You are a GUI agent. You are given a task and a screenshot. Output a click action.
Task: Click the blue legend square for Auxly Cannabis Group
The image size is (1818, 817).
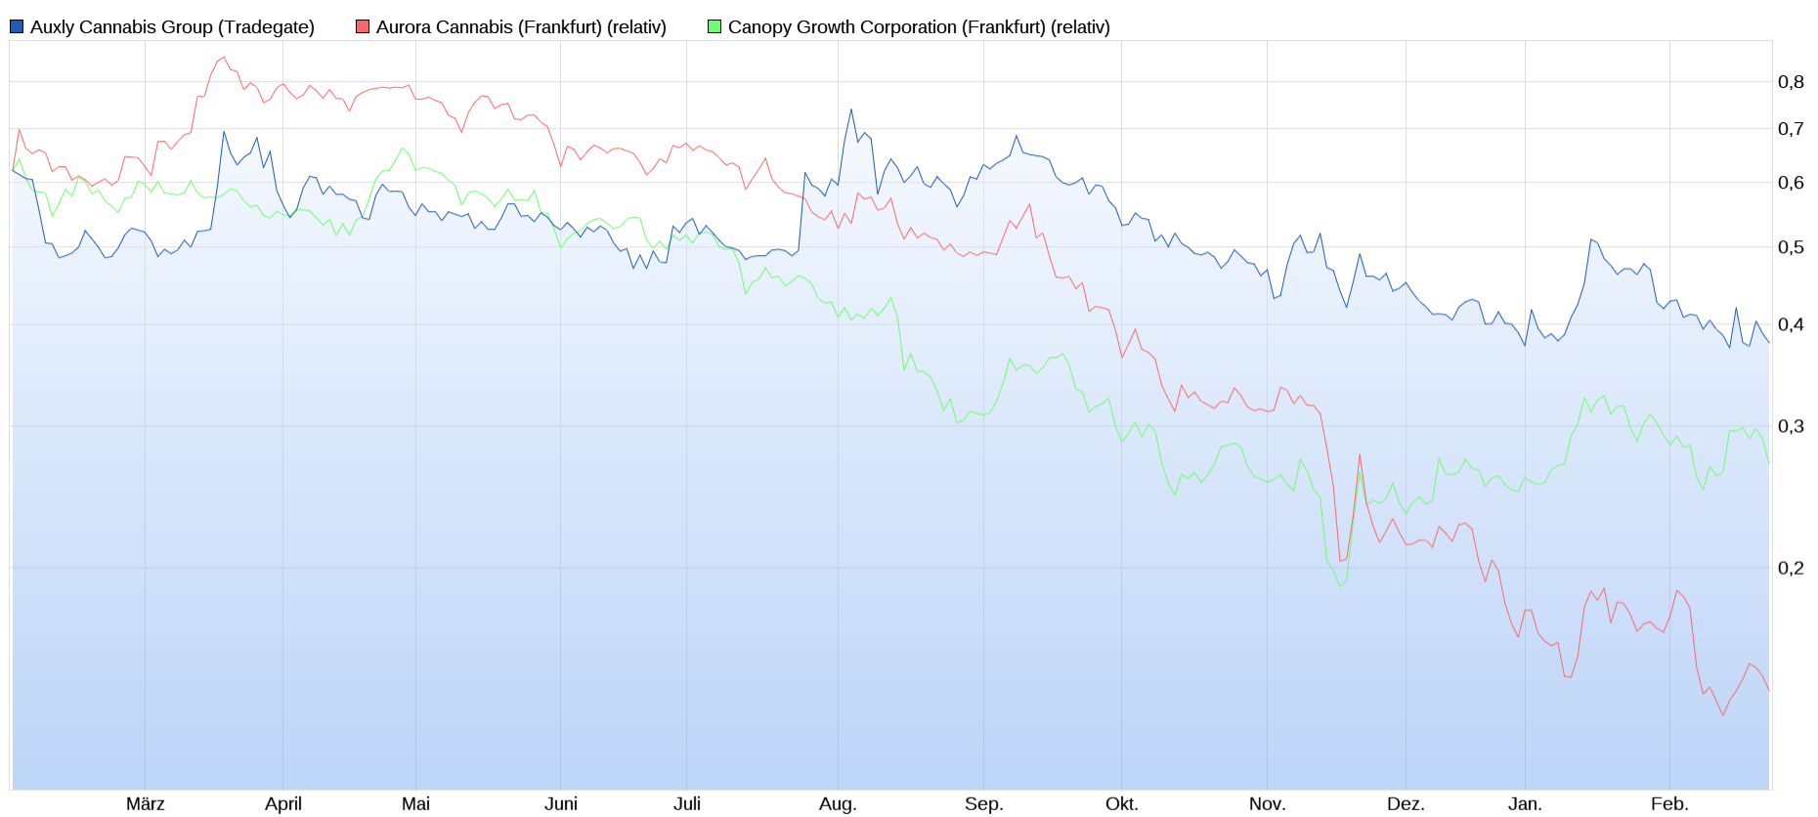coord(17,27)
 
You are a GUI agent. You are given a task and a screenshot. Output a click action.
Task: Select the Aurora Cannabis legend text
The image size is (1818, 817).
coord(520,27)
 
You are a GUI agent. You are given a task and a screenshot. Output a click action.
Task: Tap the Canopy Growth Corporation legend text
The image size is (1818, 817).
coord(918,27)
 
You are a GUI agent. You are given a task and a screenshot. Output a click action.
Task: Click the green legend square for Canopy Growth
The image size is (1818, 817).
coord(714,27)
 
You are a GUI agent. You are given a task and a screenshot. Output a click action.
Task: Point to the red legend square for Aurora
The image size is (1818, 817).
coord(363,27)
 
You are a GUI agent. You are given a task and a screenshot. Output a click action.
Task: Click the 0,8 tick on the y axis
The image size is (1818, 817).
coord(1791,82)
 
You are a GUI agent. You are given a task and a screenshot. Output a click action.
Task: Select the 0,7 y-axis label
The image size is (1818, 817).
coord(1791,129)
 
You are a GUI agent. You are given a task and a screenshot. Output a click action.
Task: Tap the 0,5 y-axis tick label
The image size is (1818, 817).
coord(1791,247)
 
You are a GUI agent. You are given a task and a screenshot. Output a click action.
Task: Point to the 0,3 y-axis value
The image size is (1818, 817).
coord(1791,426)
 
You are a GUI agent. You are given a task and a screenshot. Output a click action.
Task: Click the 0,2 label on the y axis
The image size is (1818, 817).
coord(1791,568)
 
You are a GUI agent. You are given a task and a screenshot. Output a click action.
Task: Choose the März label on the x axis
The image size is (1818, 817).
coord(146,804)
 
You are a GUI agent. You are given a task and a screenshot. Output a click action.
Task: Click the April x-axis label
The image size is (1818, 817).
coord(283,804)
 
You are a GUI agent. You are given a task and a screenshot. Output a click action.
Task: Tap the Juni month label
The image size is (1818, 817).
coord(561,804)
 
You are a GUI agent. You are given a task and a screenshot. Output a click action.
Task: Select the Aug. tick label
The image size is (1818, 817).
coord(838,804)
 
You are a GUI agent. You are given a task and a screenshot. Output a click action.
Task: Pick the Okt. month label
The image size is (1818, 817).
coord(1122,804)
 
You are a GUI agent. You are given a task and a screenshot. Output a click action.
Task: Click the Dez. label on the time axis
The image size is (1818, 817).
coord(1406,804)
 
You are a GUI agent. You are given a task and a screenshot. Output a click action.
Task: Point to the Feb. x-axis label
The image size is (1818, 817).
coord(1669,804)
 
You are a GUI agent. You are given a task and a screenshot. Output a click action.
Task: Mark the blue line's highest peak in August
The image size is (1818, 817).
coord(851,109)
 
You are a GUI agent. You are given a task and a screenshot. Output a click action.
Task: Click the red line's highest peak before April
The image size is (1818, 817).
coord(224,57)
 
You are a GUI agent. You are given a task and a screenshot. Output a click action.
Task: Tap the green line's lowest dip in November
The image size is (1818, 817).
coord(1340,585)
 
